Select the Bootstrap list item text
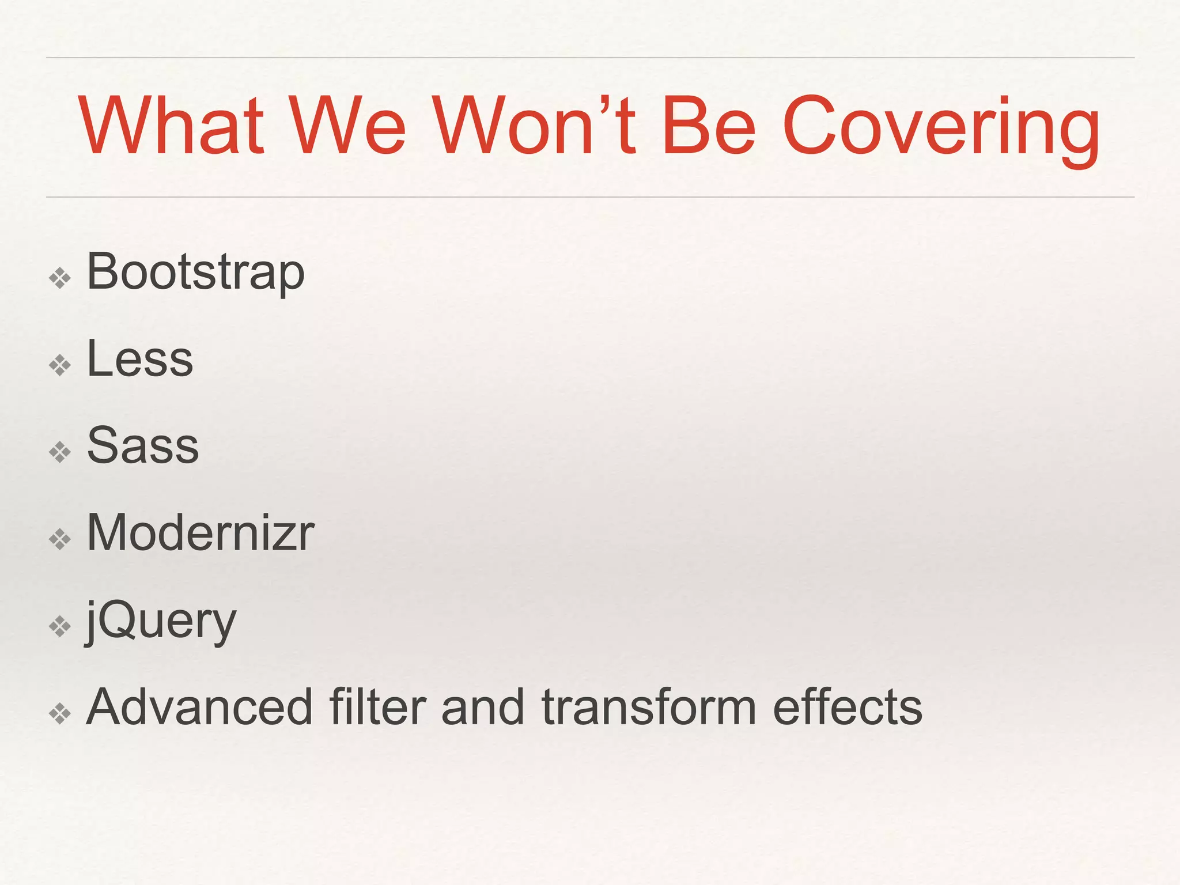tap(195, 272)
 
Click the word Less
tap(140, 359)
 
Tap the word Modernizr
tap(200, 532)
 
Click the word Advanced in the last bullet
tap(199, 707)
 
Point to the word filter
tap(378, 707)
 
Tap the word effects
tap(848, 707)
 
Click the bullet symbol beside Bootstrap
tap(60, 279)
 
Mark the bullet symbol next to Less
tap(60, 365)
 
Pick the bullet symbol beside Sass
tap(60, 452)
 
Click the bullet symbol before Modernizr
tap(60, 540)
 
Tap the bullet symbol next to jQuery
tap(60, 627)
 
